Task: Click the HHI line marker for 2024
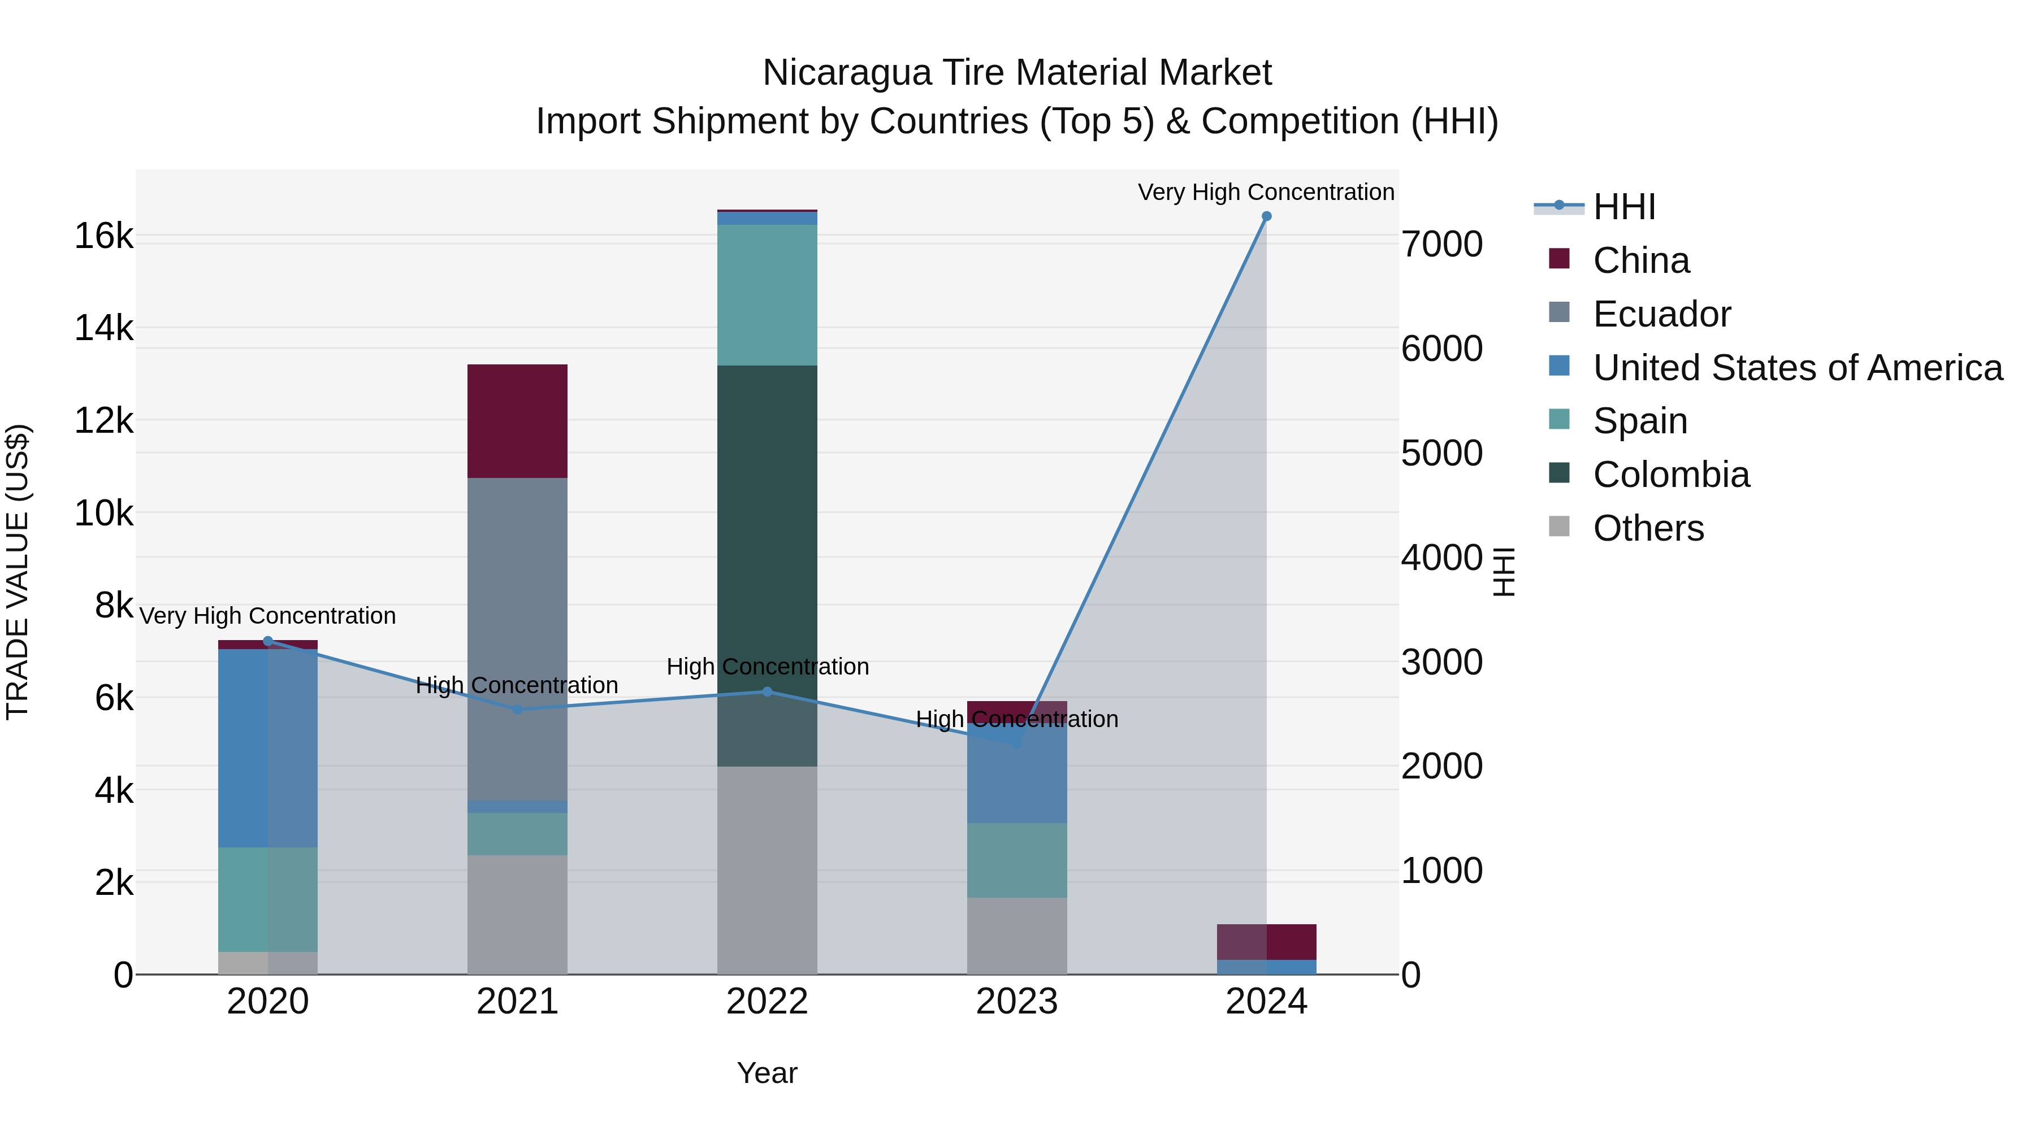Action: click(1266, 216)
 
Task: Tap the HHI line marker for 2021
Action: click(517, 710)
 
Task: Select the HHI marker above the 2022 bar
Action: click(767, 691)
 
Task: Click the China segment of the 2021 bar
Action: click(517, 421)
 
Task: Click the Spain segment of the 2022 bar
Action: click(767, 294)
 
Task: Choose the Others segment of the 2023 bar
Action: click(1017, 936)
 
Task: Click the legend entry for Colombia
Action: click(1671, 475)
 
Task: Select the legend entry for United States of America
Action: click(1797, 368)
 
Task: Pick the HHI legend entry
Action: click(1623, 207)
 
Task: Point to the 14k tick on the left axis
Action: click(103, 328)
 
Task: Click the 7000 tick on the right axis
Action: click(1441, 244)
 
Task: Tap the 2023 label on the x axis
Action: click(1017, 1002)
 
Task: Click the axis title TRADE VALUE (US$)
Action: click(18, 572)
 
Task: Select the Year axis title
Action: click(767, 1073)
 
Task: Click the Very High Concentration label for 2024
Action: click(1266, 192)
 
